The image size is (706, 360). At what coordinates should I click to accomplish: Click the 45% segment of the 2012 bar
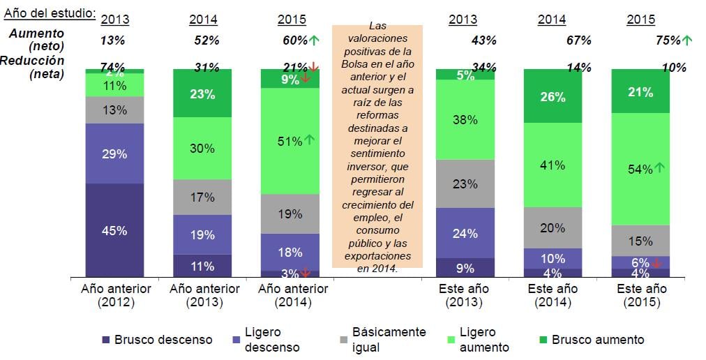[114, 230]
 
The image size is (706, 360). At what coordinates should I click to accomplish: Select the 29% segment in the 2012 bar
[114, 154]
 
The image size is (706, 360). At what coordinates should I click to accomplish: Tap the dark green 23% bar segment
[202, 93]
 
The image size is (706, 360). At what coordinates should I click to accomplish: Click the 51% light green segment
[290, 141]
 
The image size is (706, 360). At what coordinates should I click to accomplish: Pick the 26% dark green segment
[553, 97]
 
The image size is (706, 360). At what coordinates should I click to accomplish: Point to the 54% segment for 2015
[640, 169]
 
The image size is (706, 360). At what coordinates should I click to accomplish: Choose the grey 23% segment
[465, 184]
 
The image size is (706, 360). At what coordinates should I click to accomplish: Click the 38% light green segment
[465, 120]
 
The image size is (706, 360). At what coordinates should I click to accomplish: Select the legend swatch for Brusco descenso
[106, 340]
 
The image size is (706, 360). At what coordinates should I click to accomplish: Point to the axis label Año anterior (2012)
[114, 296]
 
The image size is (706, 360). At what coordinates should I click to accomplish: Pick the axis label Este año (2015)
[640, 296]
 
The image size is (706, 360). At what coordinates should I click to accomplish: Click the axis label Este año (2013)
[465, 296]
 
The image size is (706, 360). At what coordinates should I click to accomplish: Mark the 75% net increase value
[668, 41]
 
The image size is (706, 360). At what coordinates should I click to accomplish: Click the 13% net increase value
[112, 41]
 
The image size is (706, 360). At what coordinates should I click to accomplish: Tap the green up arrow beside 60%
[314, 40]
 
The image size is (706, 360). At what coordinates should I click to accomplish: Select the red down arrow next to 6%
[657, 263]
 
